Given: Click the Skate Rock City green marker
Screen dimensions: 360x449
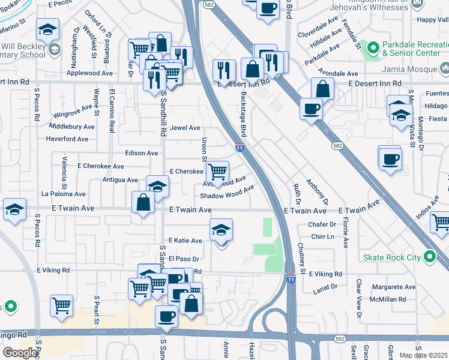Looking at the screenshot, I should pos(430,257).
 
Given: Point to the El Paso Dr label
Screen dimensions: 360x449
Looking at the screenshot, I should pos(183,259).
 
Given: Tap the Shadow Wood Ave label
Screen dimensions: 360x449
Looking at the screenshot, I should pos(227,194).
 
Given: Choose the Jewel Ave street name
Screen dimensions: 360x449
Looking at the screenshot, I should pos(185,128).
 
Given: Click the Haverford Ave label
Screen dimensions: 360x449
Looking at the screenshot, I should pos(67,139).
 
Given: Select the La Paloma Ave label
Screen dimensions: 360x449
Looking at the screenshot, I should pos(64,194).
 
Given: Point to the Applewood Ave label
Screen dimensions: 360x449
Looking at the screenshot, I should pos(90,73).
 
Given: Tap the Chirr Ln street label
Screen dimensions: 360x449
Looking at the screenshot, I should pos(323,237).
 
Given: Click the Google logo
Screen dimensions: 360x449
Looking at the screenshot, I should pos(20,353).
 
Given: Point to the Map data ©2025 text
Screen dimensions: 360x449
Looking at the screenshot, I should pos(424,355).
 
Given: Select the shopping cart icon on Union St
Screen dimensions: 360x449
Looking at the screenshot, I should pos(217,171).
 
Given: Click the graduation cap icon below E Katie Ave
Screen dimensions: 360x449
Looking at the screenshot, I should pos(221,230).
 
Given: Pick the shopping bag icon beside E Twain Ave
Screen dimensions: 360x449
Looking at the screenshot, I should pos(143,202).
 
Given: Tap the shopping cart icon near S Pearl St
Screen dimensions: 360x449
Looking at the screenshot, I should pos(61,305).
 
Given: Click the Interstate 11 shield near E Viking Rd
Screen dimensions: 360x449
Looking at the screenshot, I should pos(291,280).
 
